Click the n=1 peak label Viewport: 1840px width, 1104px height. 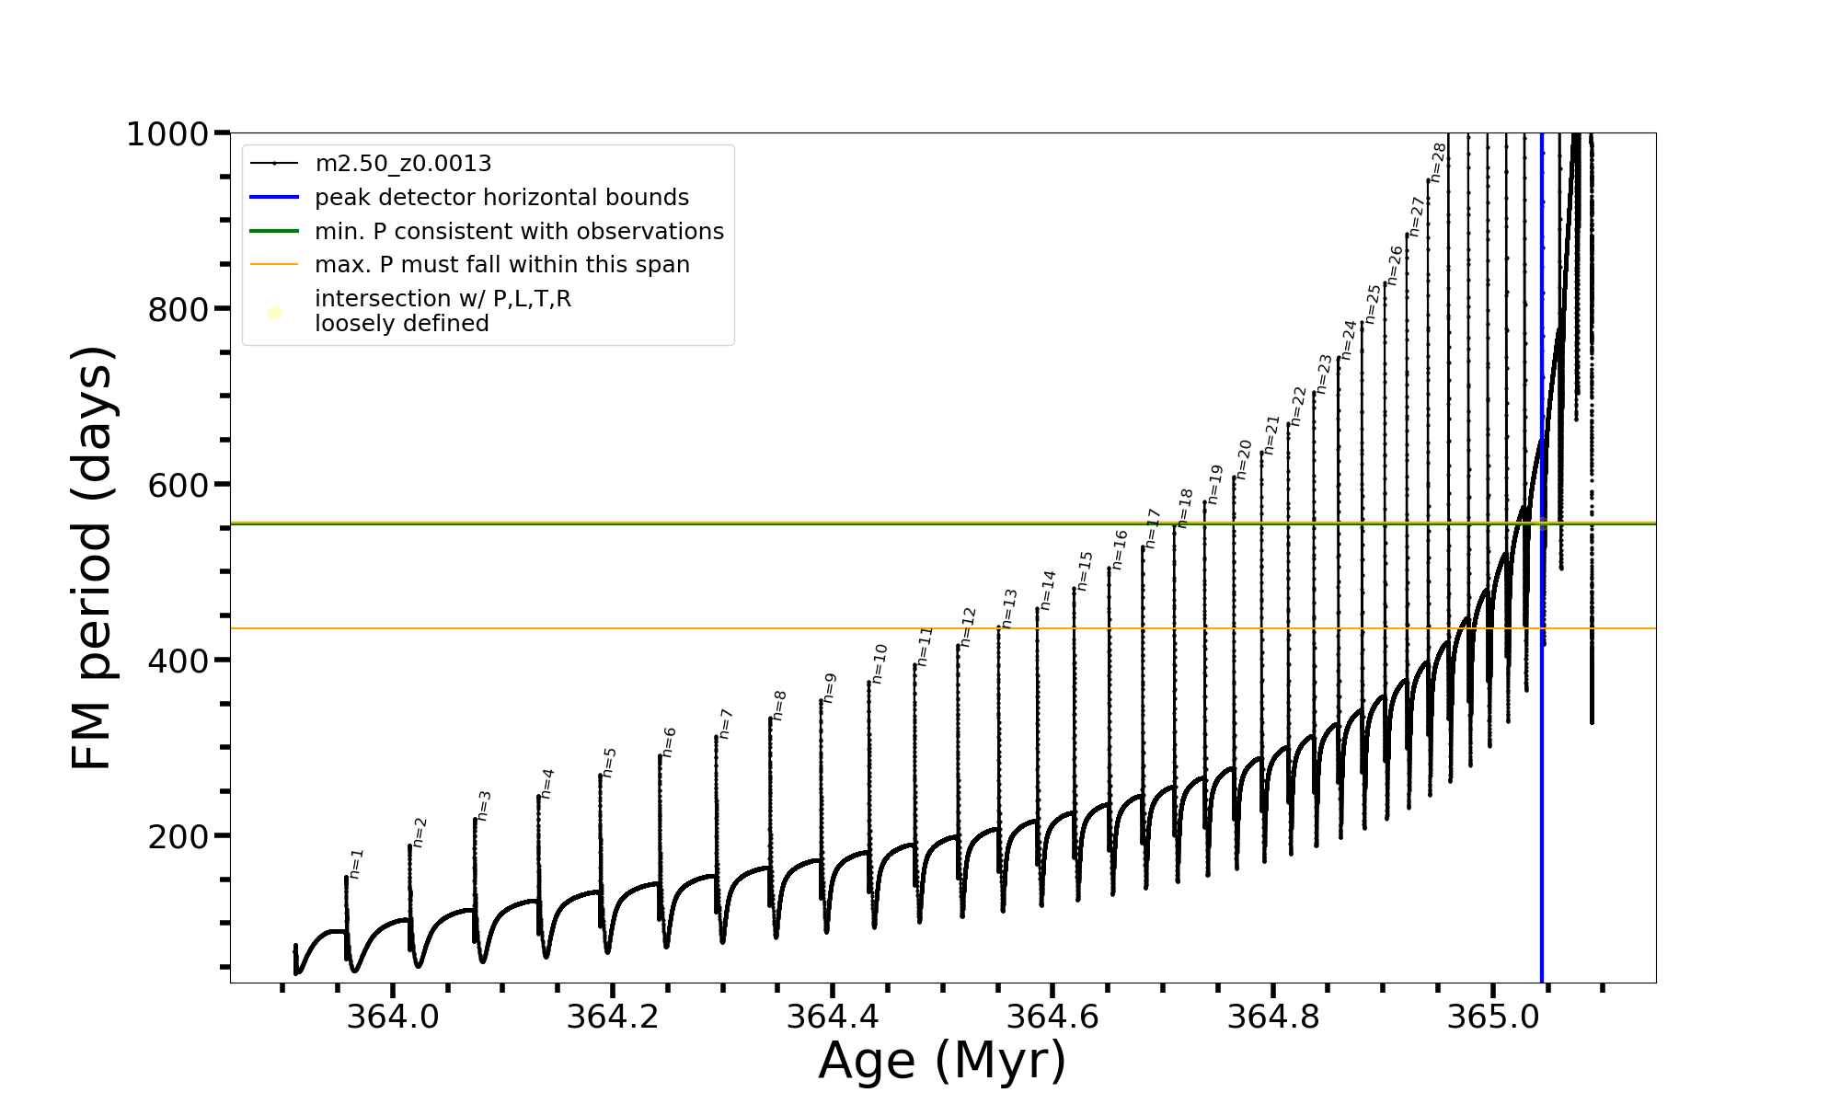pos(357,864)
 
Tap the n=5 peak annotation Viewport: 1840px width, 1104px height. pos(609,763)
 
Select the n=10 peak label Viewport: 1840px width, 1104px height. pos(880,663)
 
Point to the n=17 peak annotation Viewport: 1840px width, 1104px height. pos(1153,529)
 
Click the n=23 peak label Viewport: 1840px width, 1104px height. pos(1324,374)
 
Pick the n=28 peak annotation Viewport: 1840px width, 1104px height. pos(1439,163)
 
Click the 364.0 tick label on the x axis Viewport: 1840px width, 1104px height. pos(393,1018)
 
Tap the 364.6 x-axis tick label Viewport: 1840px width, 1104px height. pos(1052,1018)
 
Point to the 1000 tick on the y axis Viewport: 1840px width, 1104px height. pos(167,134)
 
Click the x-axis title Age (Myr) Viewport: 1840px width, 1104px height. pos(942,1062)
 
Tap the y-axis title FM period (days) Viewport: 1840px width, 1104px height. pos(92,558)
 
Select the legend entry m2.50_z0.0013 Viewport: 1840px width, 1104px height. pos(403,164)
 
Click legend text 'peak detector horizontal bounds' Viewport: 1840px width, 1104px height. pos(501,198)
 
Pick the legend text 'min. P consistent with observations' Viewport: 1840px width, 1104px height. pos(519,231)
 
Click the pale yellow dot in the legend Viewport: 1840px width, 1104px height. pos(274,314)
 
